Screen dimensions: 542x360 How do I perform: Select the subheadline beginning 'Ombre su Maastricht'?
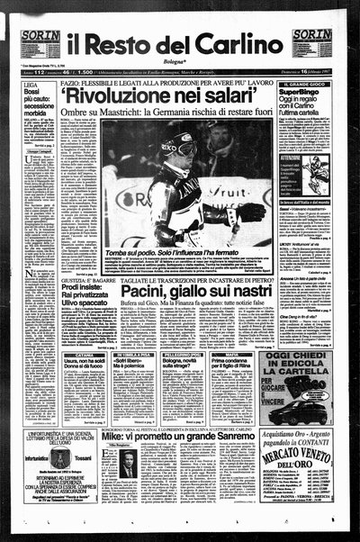coord(175,113)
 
